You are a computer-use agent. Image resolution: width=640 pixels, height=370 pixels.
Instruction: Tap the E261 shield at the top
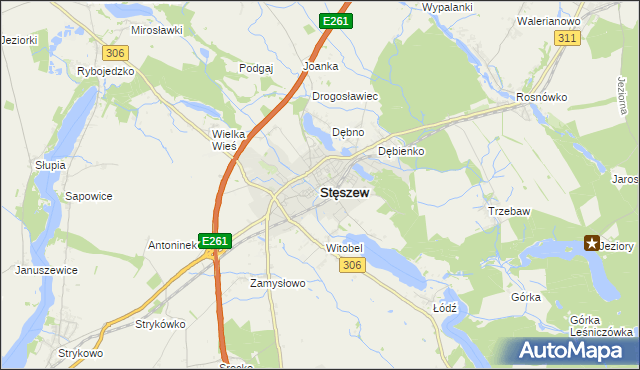(x=335, y=21)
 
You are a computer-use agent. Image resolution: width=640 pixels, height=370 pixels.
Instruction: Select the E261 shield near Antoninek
(x=216, y=241)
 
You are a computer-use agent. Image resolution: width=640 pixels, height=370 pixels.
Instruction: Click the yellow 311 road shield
(x=568, y=37)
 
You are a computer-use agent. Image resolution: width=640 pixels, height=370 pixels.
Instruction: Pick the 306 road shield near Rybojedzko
(x=116, y=52)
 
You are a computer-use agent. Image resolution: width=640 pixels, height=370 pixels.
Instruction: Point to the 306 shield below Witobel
(x=350, y=264)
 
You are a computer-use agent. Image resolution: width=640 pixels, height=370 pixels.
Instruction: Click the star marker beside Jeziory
(x=591, y=243)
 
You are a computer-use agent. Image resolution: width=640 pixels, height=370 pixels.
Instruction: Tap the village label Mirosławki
(x=156, y=30)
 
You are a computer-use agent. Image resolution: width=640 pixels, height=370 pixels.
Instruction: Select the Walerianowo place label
(x=549, y=20)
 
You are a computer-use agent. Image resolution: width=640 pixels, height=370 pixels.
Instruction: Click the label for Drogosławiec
(x=344, y=97)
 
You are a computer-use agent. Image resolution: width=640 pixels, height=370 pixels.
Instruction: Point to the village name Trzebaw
(x=509, y=211)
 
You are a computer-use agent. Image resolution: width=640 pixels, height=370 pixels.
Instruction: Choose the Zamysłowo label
(x=276, y=283)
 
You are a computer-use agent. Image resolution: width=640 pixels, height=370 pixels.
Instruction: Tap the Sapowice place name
(x=88, y=198)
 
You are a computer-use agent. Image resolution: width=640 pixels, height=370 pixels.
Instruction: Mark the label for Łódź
(x=445, y=308)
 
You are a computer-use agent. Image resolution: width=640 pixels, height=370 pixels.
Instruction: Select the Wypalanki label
(x=447, y=7)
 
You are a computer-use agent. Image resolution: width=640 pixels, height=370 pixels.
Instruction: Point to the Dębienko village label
(x=402, y=151)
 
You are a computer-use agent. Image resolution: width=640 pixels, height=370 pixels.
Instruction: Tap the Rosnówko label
(x=542, y=97)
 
